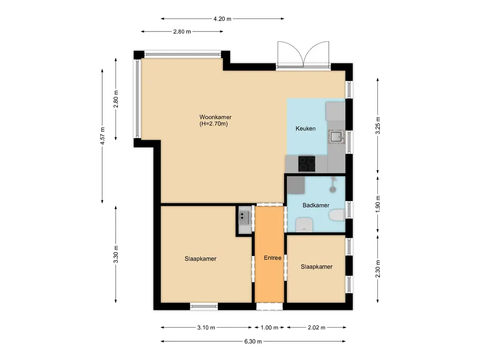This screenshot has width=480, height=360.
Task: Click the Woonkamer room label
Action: click(x=216, y=117)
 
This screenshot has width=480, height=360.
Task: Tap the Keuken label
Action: click(x=305, y=129)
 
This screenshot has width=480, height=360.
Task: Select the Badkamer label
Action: click(x=315, y=205)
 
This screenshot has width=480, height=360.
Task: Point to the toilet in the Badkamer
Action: click(x=337, y=215)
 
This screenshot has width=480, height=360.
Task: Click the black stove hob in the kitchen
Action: click(x=307, y=164)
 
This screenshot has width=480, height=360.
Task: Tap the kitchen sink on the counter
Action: click(x=336, y=136)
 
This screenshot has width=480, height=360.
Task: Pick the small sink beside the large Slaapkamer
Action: click(x=244, y=216)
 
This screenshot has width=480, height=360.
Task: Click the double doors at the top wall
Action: click(x=302, y=55)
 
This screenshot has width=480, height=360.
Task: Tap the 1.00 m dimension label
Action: click(x=270, y=328)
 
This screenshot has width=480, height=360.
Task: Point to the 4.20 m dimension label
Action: click(x=222, y=19)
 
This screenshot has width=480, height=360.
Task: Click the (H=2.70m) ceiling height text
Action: click(x=213, y=124)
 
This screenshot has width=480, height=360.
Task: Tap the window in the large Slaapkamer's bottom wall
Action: click(x=204, y=307)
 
